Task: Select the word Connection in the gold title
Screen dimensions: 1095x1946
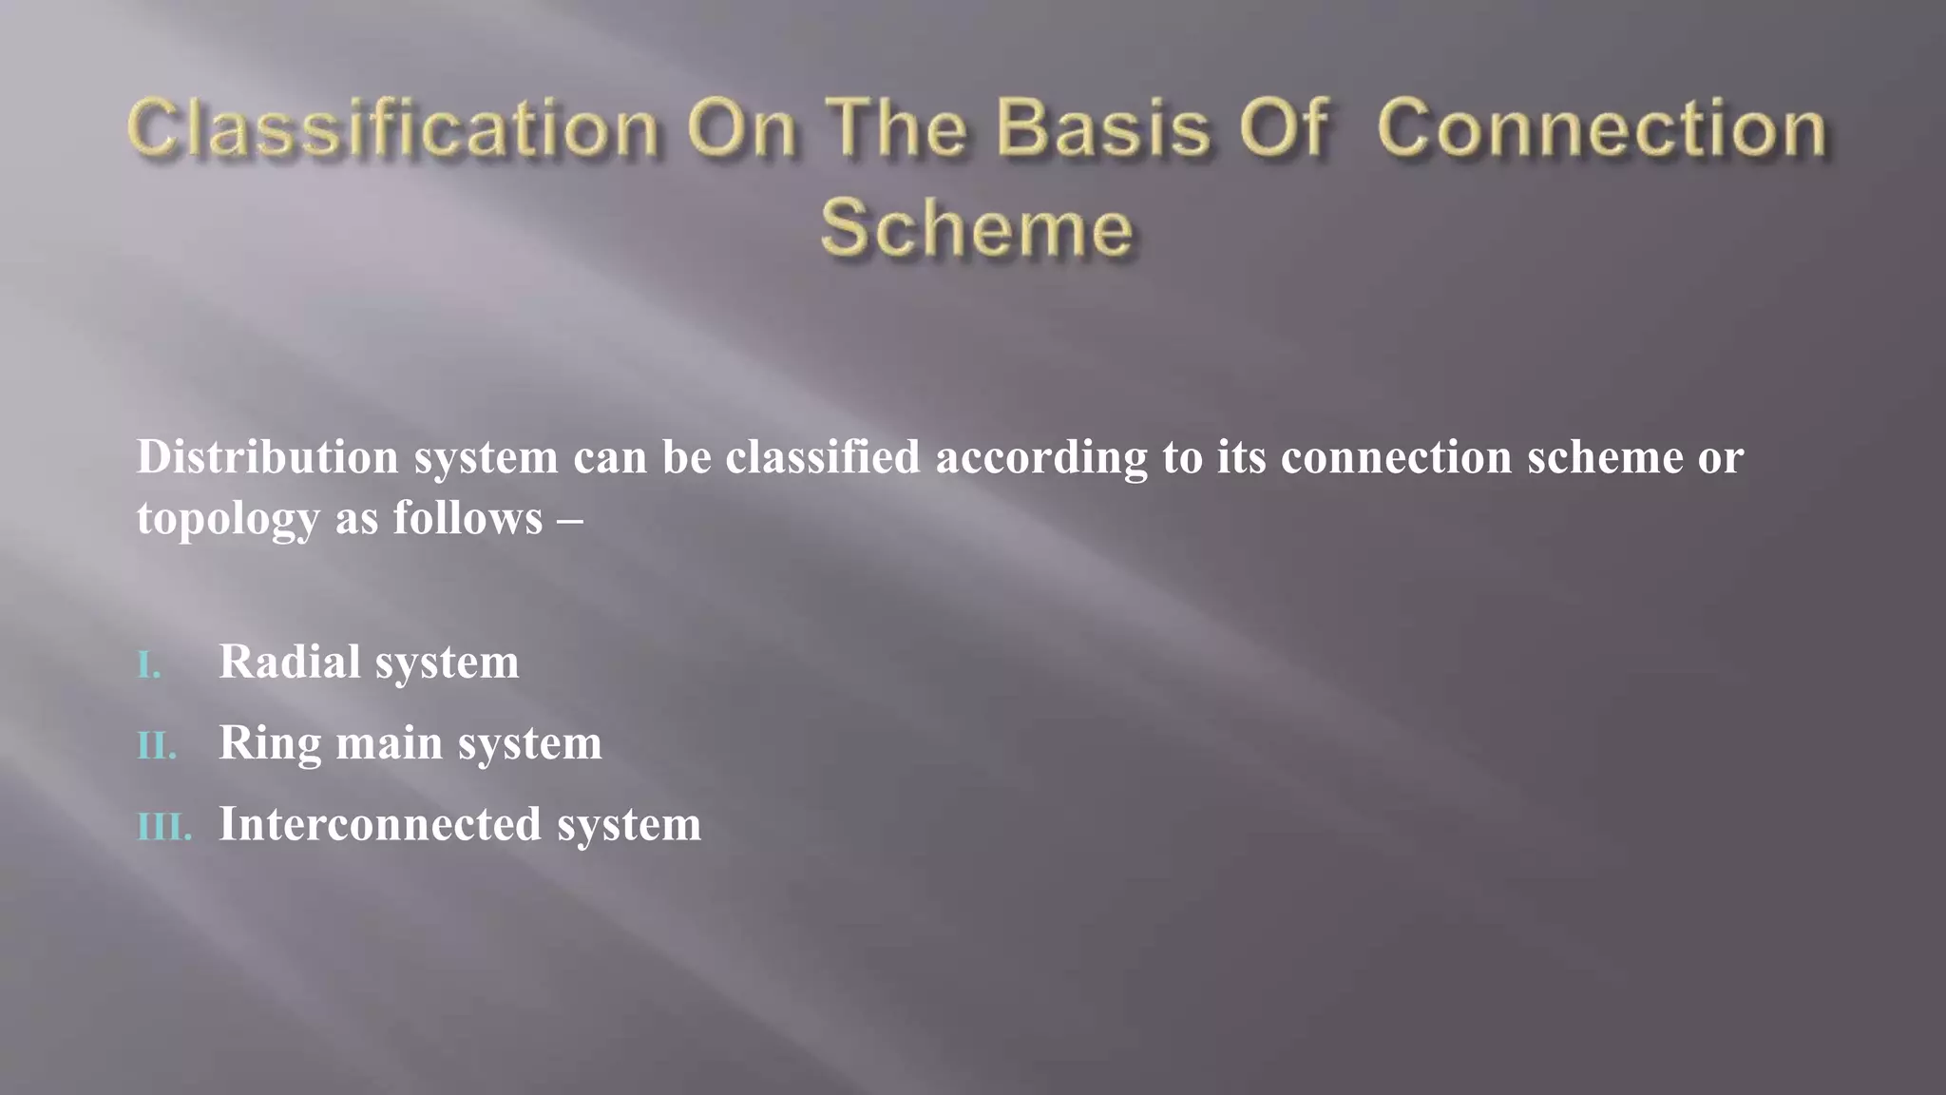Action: coord(1601,128)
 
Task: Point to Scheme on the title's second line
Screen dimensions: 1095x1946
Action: coord(977,228)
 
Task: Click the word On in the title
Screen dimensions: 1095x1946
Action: coord(742,128)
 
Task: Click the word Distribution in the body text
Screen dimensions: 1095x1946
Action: coord(267,457)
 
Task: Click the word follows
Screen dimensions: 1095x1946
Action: coord(467,518)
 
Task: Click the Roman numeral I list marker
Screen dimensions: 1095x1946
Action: coord(149,664)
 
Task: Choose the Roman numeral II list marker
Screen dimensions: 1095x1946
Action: coord(157,745)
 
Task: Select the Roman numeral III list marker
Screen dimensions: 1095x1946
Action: coord(164,826)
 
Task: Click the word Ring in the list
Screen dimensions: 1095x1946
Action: coord(270,743)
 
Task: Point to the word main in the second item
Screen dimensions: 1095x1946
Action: coord(390,743)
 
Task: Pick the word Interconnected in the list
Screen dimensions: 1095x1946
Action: coord(380,824)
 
